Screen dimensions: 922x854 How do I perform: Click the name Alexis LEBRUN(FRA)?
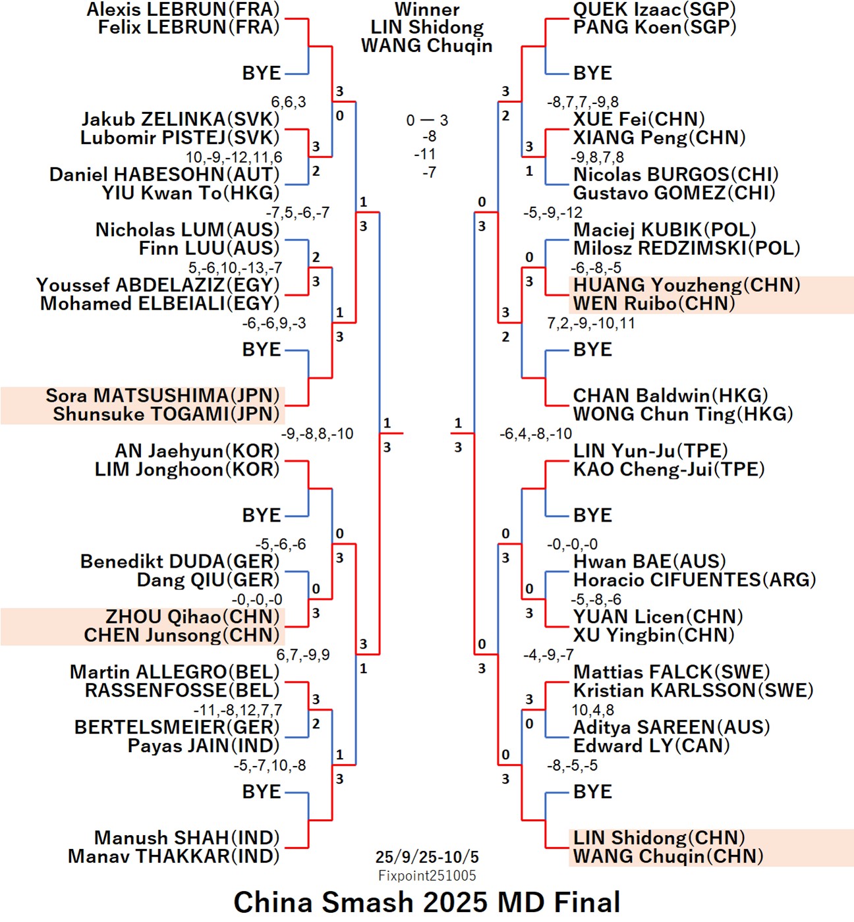(183, 9)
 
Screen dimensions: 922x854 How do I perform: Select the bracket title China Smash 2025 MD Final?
(427, 902)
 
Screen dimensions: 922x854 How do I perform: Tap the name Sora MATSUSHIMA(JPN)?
(163, 395)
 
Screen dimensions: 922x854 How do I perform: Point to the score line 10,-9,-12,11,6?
(234, 157)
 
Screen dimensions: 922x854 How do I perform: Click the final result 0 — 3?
(427, 121)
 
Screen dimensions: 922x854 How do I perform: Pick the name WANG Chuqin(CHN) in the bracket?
(668, 856)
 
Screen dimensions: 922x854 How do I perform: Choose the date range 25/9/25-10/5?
(427, 857)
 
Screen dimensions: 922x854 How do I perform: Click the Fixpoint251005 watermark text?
(427, 875)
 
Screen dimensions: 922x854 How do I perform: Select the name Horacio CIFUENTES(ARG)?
(695, 580)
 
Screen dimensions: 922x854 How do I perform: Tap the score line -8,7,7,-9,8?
(583, 102)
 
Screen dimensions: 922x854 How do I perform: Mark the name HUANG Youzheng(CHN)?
(687, 285)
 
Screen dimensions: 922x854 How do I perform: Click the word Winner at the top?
(427, 9)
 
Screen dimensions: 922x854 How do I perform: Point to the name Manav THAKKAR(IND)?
(174, 856)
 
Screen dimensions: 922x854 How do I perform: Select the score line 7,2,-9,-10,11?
(591, 323)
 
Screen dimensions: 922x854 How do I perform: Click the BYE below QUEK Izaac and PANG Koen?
(592, 73)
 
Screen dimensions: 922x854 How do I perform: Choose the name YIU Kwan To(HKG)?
(190, 193)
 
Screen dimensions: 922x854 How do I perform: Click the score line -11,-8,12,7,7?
(238, 710)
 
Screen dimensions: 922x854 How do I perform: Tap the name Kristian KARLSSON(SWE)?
(693, 690)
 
